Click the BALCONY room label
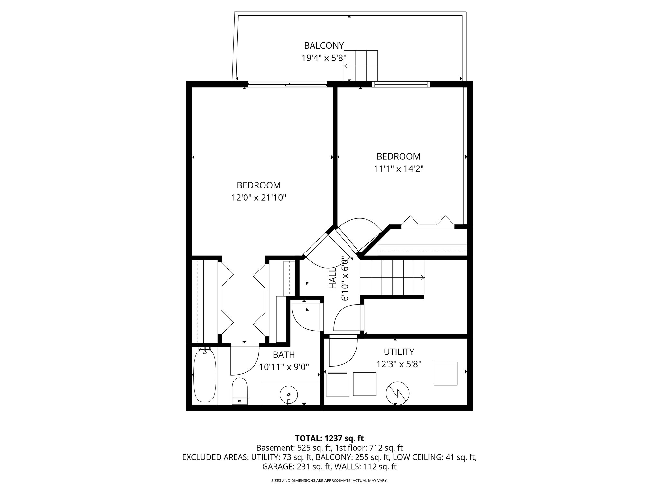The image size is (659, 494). point(324,45)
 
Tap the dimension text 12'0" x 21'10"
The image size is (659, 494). point(259,197)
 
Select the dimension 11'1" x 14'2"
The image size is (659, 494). point(398,169)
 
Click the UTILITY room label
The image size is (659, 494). point(399,352)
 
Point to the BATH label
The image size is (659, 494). point(283,354)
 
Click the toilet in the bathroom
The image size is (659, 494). point(239,391)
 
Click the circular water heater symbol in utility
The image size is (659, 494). point(397,393)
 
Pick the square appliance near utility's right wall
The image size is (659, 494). point(445,373)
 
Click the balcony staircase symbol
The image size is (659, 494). point(361,66)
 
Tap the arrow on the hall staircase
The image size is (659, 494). point(422,278)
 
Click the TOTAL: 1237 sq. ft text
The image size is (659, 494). point(329,438)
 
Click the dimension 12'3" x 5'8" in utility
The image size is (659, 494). point(399,364)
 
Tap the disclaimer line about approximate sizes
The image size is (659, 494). point(329,480)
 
